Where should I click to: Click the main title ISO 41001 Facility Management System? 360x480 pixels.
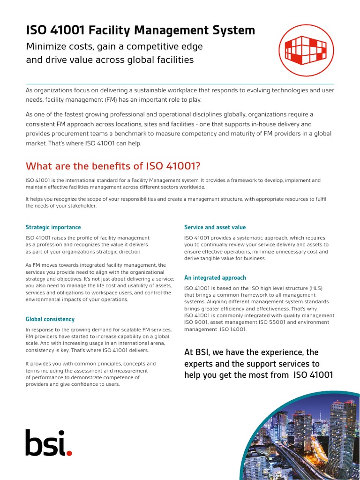[140, 31]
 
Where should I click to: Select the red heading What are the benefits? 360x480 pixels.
[112, 166]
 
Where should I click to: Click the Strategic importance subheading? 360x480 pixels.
[53, 227]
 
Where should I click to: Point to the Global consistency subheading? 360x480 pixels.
[50, 319]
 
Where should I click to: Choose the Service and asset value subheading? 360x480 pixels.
[215, 227]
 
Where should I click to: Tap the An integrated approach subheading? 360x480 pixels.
[215, 278]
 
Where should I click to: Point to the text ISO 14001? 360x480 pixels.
[232, 330]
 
